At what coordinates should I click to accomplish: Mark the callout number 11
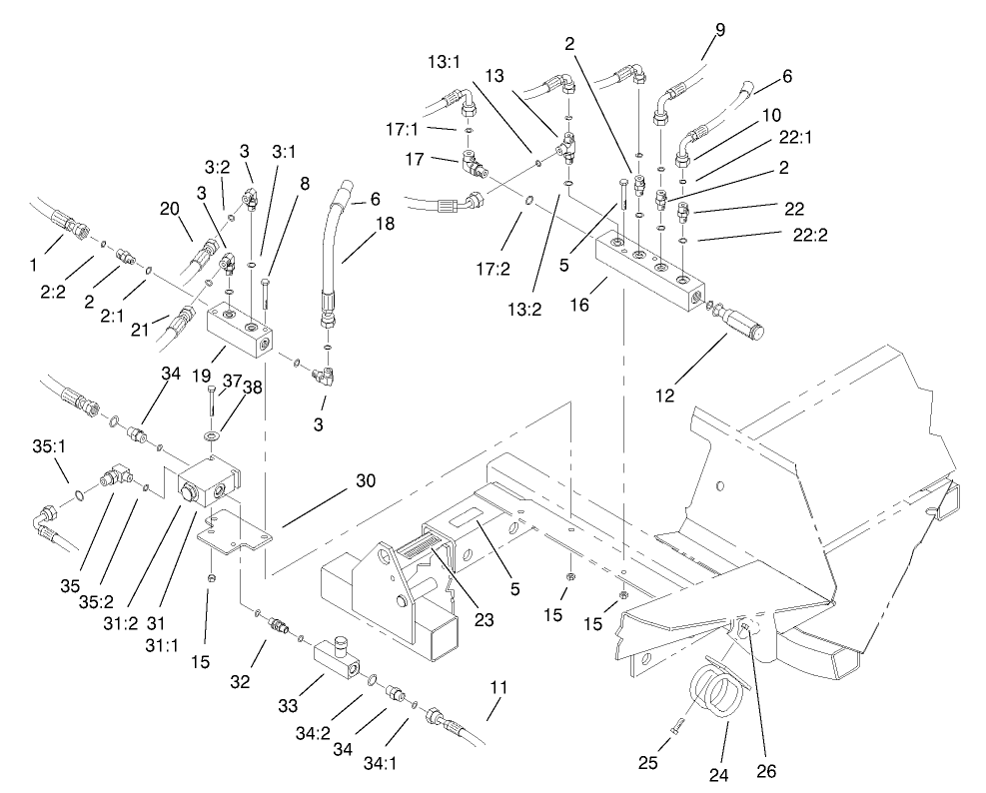point(499,687)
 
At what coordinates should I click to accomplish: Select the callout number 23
point(486,618)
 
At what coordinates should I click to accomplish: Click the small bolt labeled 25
point(673,727)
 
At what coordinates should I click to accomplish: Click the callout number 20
point(169,209)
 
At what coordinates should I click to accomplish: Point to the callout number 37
point(232,381)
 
